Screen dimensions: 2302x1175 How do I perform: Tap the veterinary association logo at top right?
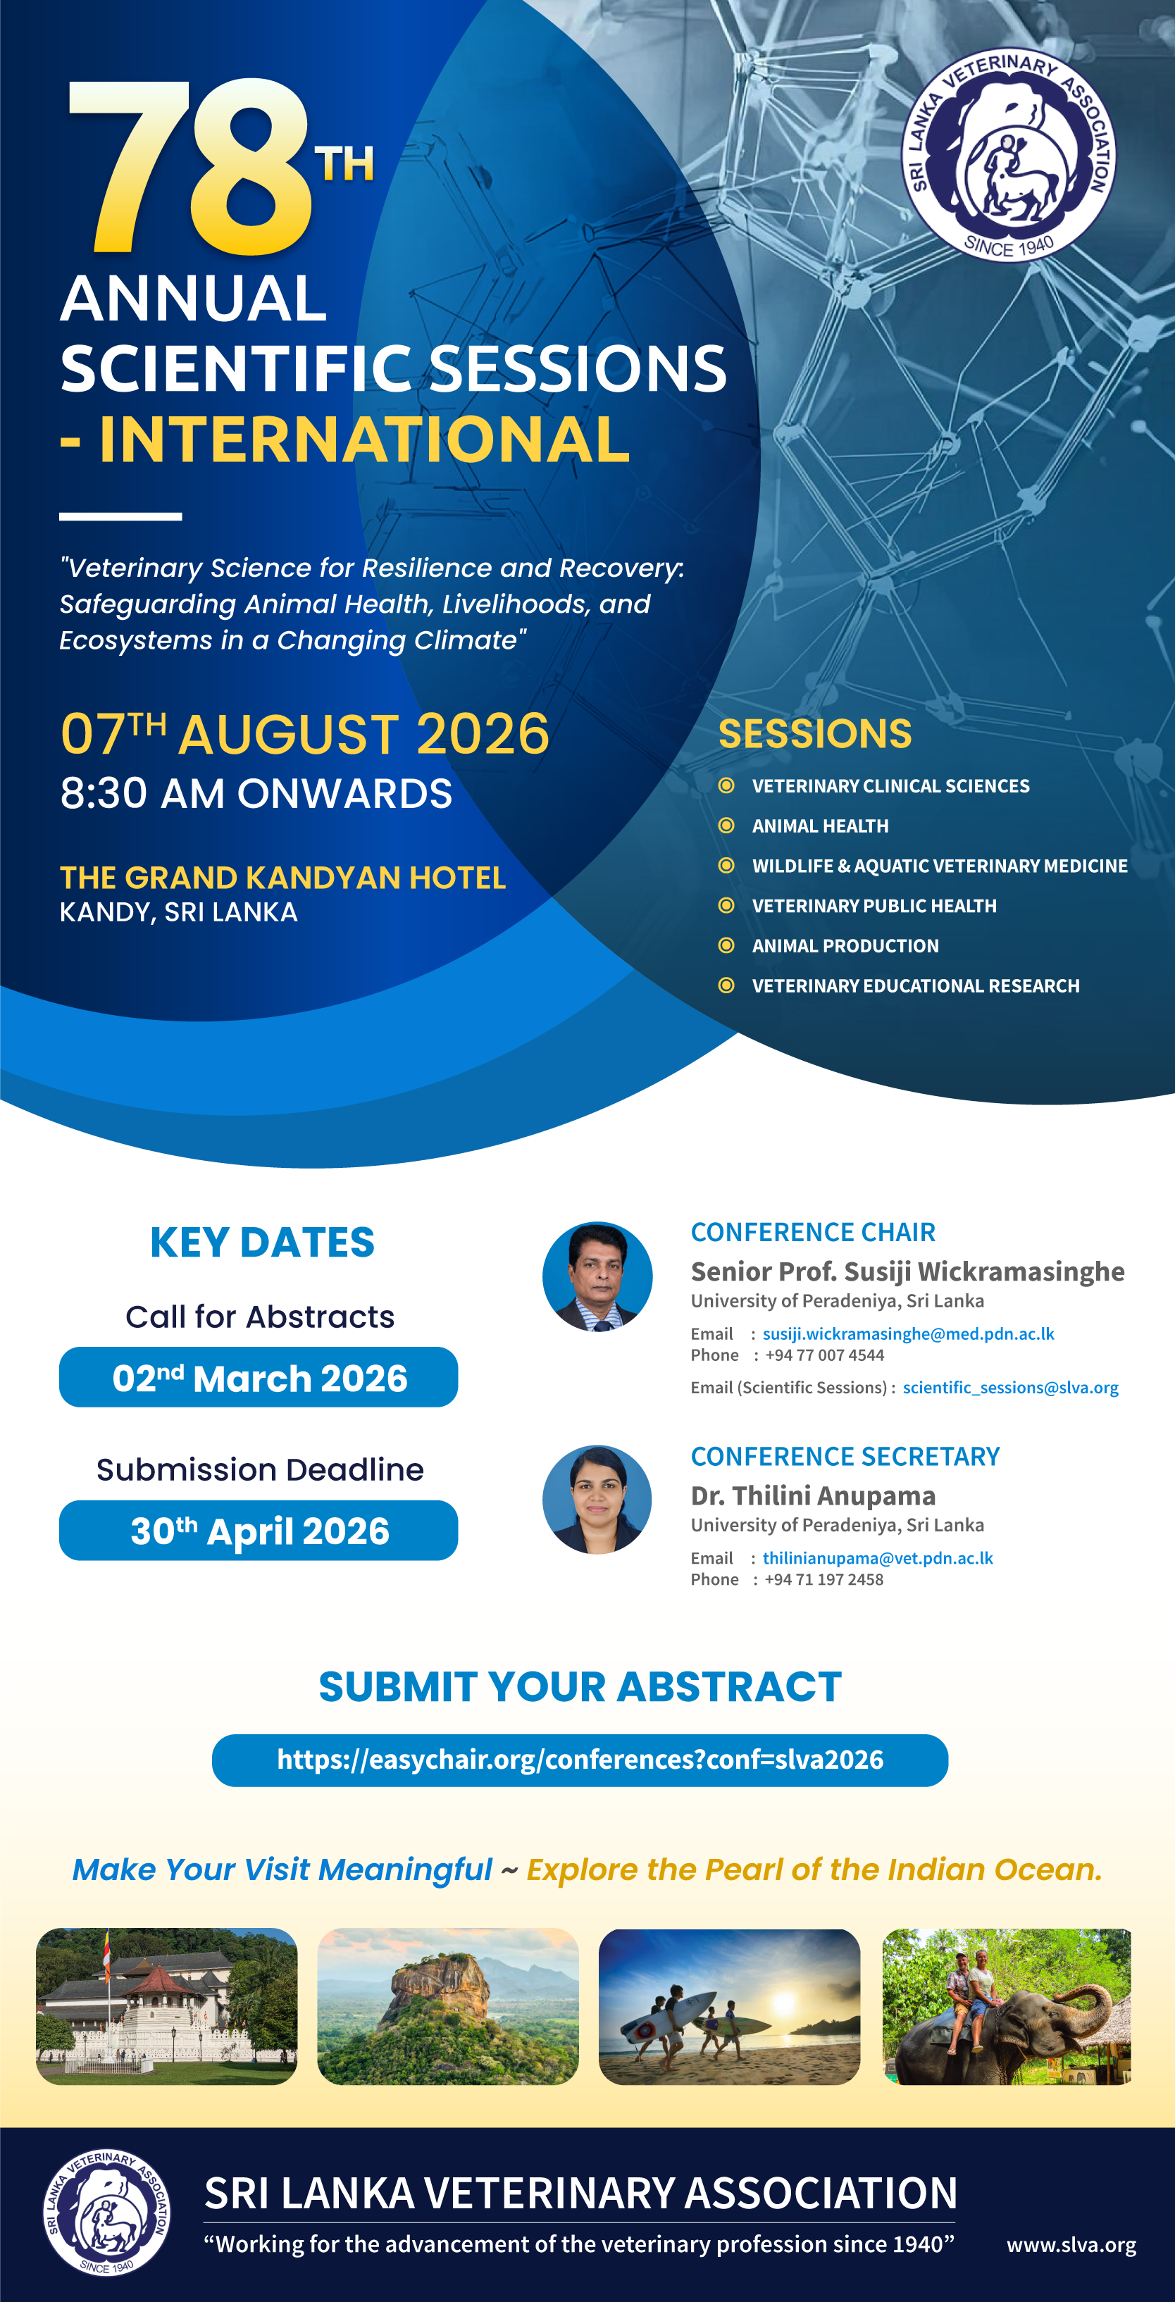pos(1008,154)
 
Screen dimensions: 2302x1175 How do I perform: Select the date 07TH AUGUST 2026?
pos(304,735)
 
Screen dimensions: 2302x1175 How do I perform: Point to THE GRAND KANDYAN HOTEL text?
pos(282,878)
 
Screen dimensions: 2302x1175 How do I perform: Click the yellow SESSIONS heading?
pos(815,734)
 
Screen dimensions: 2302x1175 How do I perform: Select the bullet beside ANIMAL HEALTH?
pos(726,826)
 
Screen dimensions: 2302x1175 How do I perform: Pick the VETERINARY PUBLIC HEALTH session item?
pos(874,906)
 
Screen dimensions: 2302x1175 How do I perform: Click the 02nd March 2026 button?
pos(259,1378)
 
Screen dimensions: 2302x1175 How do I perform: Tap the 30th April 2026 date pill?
pos(259,1531)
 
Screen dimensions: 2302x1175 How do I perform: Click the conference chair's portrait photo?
pos(597,1276)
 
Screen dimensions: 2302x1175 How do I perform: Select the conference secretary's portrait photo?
pos(597,1500)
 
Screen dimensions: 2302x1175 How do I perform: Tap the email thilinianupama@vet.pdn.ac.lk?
pos(878,1558)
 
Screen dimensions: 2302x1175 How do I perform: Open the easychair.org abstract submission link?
pos(580,1760)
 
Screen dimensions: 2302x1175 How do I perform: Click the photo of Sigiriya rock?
pos(447,2006)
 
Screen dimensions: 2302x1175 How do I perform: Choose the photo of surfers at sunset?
pos(729,2006)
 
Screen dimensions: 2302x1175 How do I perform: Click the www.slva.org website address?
pos(1071,2245)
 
